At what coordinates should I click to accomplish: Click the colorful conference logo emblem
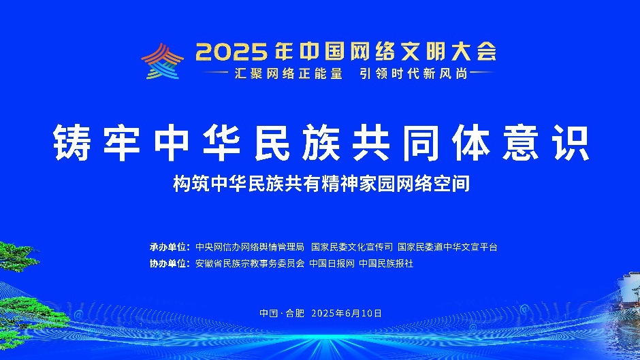tap(163, 61)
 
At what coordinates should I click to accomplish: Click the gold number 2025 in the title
tap(231, 52)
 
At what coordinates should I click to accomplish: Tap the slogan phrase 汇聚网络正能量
tap(289, 73)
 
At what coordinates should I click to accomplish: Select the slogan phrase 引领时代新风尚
tap(413, 73)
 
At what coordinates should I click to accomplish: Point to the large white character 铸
tap(72, 142)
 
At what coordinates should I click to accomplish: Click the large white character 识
tap(570, 142)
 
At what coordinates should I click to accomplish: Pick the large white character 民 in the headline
tap(272, 142)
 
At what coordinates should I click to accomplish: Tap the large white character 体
tap(471, 142)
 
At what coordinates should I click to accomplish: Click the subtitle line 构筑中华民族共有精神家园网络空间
tap(321, 184)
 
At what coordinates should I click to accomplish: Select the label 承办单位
tap(170, 247)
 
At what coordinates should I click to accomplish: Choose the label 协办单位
tap(170, 263)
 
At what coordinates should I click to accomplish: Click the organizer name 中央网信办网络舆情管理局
tap(250, 247)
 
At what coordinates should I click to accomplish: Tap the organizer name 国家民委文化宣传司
tap(352, 247)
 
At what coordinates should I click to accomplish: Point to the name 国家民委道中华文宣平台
tap(448, 247)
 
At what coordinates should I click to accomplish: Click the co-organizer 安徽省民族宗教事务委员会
tap(250, 263)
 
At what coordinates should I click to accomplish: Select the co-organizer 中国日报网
tap(332, 263)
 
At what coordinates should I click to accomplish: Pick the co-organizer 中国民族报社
tap(386, 263)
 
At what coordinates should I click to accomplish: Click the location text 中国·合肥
tap(282, 314)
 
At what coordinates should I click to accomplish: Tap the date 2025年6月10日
tap(347, 314)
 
